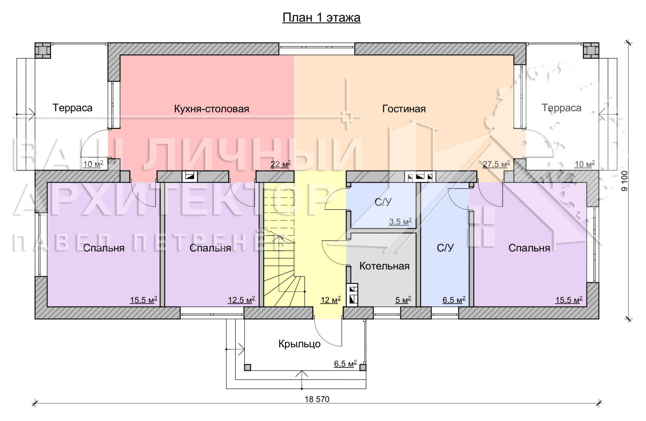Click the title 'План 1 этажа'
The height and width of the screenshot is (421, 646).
click(x=321, y=18)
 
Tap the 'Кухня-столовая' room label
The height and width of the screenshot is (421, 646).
click(x=212, y=109)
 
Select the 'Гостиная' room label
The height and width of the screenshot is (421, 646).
click(x=404, y=109)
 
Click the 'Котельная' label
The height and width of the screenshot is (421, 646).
click(x=384, y=266)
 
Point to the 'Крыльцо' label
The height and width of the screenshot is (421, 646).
click(x=299, y=344)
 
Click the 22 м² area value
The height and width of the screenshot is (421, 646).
click(x=280, y=164)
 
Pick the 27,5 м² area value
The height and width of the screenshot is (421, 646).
click(x=496, y=164)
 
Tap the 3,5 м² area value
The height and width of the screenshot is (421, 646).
click(x=400, y=222)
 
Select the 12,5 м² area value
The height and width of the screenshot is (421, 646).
click(x=241, y=300)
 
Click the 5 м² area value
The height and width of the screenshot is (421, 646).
click(x=403, y=300)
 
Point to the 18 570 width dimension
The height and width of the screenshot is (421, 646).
click(x=317, y=399)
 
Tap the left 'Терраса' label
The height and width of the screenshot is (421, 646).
click(x=72, y=108)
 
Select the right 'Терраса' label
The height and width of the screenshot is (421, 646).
click(x=561, y=108)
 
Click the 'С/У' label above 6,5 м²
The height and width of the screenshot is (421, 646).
click(x=445, y=248)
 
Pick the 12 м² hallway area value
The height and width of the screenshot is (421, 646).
click(x=331, y=300)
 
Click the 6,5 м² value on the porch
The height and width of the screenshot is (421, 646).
click(x=345, y=364)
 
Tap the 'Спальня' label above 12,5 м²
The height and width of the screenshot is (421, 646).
click(x=210, y=248)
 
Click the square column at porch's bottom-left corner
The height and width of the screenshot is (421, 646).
click(x=247, y=367)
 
